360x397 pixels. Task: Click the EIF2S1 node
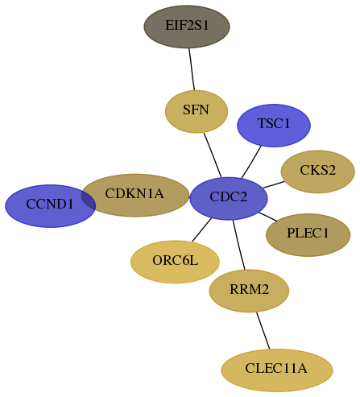[x=187, y=27]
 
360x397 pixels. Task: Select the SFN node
[x=197, y=111]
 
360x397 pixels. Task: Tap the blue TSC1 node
[x=274, y=126]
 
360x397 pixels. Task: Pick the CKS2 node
[x=318, y=172]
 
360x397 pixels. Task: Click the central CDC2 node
[x=229, y=198]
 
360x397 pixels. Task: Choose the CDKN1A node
[x=135, y=195]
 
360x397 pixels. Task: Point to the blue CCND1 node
[x=50, y=206]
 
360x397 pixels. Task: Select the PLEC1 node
[x=308, y=235]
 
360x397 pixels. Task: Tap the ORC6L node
[x=175, y=262]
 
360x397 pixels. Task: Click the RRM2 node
[x=249, y=291]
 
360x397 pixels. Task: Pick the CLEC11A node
[x=277, y=370]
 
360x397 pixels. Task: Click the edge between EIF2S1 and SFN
[x=192, y=69]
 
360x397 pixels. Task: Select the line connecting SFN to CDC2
[x=213, y=155]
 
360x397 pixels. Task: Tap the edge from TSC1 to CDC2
[x=251, y=162]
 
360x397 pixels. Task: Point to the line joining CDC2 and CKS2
[x=274, y=184]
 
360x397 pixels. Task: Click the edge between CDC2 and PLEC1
[x=268, y=217]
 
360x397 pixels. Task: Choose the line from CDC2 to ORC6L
[x=201, y=230]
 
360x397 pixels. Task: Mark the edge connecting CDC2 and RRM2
[x=239, y=245]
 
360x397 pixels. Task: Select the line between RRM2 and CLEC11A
[x=263, y=331]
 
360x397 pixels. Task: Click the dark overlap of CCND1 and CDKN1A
[x=89, y=199]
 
